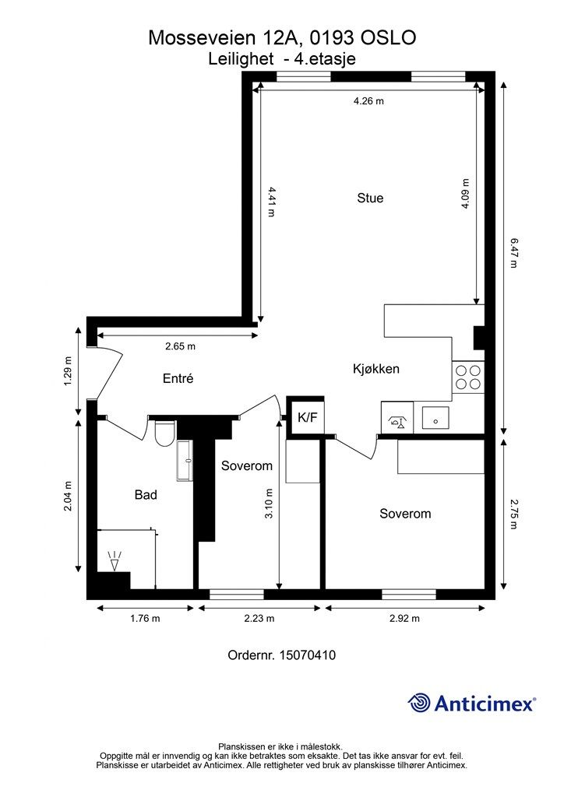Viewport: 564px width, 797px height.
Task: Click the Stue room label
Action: click(370, 198)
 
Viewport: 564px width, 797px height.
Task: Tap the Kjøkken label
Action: click(375, 368)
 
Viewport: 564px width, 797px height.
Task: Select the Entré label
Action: click(178, 378)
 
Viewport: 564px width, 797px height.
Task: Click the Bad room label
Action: click(146, 494)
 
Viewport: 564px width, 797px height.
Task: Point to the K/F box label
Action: click(307, 418)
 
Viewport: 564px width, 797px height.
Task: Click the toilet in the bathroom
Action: click(164, 433)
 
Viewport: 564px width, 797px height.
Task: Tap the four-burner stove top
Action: click(468, 377)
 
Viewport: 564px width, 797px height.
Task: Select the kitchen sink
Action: click(435, 417)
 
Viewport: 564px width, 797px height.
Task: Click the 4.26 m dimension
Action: click(368, 100)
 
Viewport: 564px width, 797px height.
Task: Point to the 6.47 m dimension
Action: click(513, 253)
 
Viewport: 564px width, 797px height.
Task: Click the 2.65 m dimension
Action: click(180, 346)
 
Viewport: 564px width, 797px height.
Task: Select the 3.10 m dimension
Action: click(269, 504)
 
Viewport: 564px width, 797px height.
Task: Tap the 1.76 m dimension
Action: click(145, 618)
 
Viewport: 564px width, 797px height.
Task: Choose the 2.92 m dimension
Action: click(404, 618)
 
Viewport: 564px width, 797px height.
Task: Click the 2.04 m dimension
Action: click(68, 496)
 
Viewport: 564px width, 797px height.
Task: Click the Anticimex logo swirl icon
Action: click(418, 703)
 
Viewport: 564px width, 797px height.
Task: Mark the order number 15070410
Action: click(307, 655)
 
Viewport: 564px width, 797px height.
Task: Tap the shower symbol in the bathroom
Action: click(116, 560)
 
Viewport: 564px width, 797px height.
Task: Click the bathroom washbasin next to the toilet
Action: click(185, 461)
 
